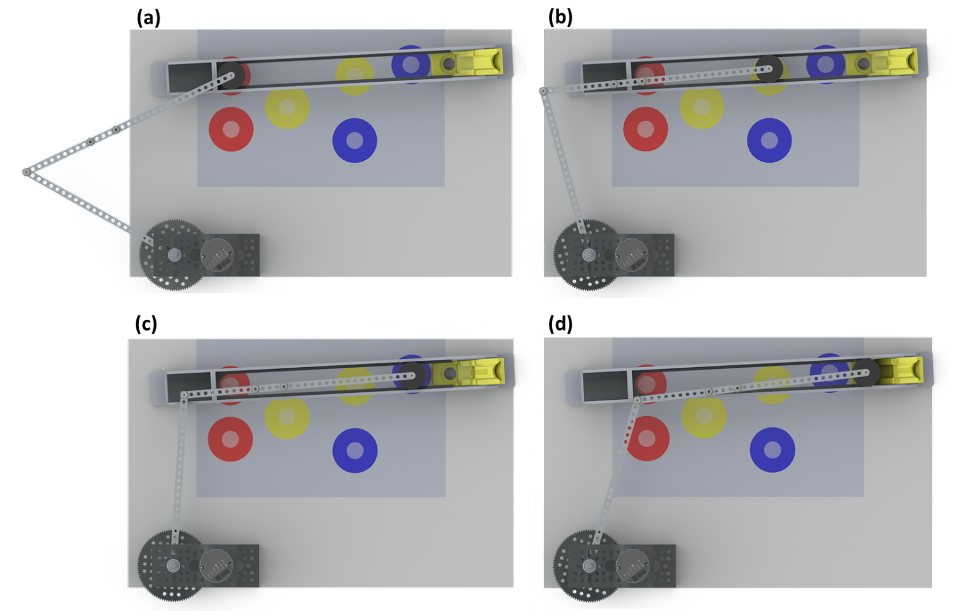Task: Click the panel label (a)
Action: (x=148, y=18)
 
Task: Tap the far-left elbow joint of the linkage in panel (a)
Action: (x=26, y=172)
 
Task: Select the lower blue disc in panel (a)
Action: (x=354, y=140)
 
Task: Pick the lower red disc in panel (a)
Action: (x=231, y=129)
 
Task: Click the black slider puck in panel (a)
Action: (x=230, y=75)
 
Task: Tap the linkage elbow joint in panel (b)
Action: (x=543, y=91)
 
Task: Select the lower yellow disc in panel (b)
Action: (x=702, y=107)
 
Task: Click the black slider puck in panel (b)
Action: (x=768, y=69)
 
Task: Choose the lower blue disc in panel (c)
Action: (x=355, y=450)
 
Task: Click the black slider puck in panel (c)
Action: (x=411, y=375)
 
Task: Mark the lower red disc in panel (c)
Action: (x=231, y=439)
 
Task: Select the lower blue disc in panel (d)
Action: (x=773, y=449)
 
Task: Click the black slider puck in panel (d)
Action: (x=865, y=372)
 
